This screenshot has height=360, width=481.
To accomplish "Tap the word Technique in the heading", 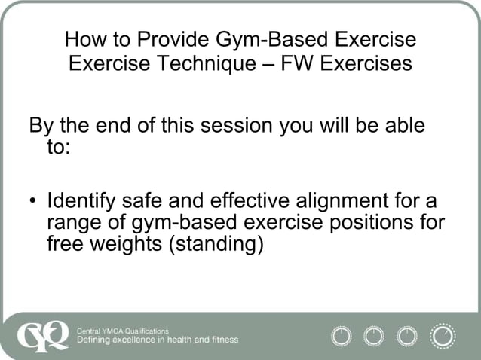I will (x=210, y=63).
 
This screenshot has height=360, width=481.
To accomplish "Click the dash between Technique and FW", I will (x=267, y=63).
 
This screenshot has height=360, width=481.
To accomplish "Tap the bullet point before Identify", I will (x=33, y=203).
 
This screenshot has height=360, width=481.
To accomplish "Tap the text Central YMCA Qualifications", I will (x=123, y=330).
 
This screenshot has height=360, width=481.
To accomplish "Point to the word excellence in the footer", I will (x=138, y=340).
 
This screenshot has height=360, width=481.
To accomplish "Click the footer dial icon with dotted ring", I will (x=443, y=335).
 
